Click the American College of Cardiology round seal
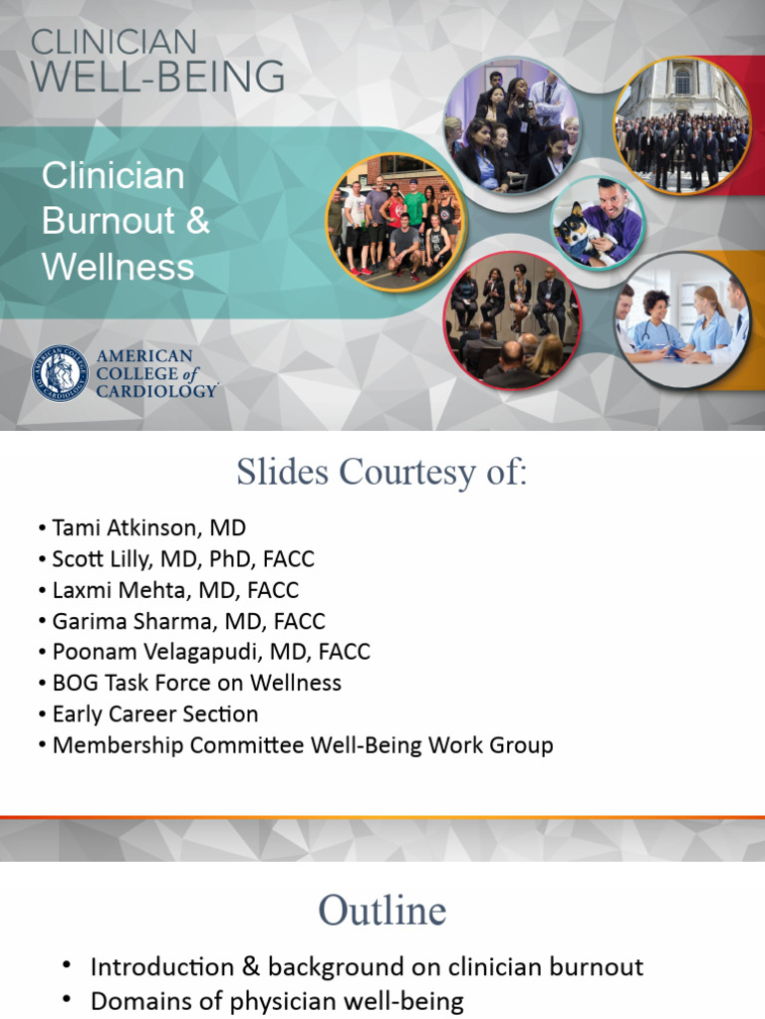tap(60, 373)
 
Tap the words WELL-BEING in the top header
tap(158, 77)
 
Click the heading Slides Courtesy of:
tap(382, 473)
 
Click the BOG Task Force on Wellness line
tap(196, 683)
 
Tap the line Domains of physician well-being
tap(277, 1000)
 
